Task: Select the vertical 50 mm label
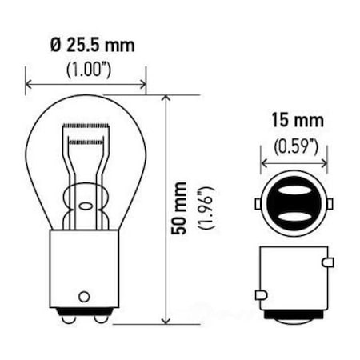(183, 210)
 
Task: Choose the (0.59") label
(294, 146)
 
